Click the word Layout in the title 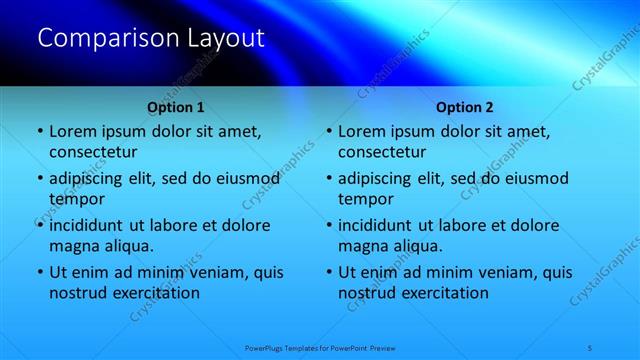pos(225,39)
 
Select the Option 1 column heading pos(175,106)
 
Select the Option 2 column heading pos(465,106)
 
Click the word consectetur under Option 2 pos(383,152)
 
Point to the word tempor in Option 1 pos(76,199)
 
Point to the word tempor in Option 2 pos(366,199)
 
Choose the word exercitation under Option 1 pos(156,293)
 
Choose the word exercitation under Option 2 pos(446,293)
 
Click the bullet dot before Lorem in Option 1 pos(39,132)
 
